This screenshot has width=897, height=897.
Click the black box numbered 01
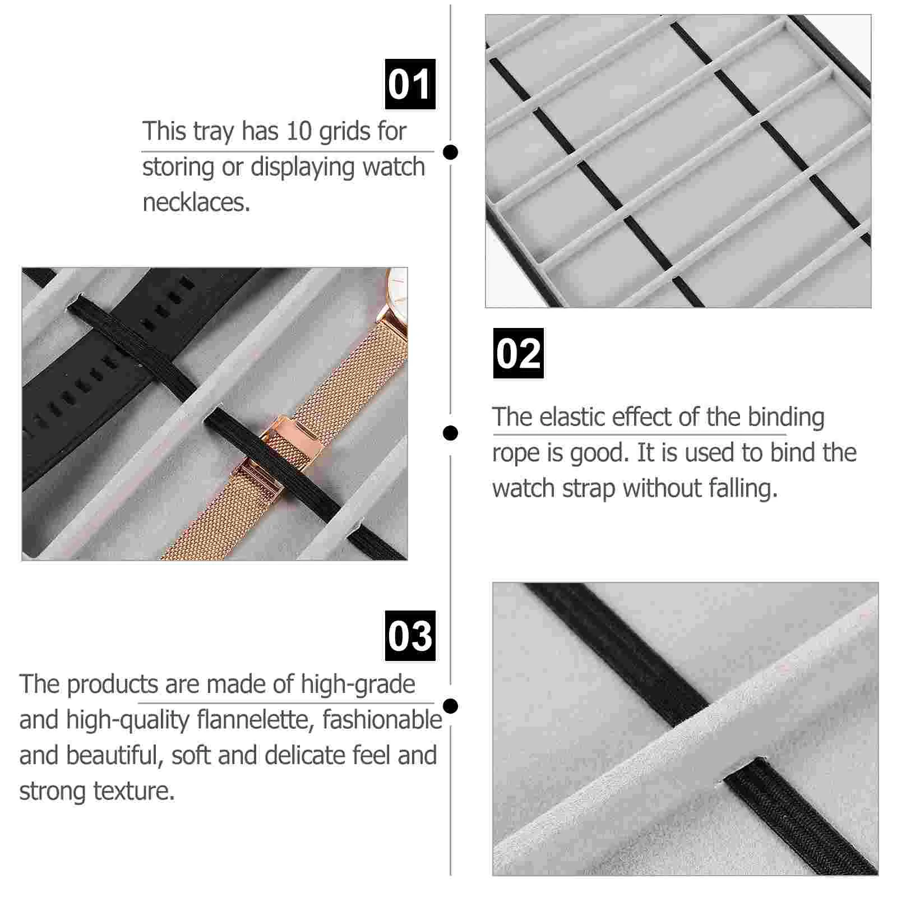pos(410,84)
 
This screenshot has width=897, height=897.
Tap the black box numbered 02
pos(518,353)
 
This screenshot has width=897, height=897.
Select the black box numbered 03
pos(410,636)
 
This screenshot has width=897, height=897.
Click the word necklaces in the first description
pos(196,202)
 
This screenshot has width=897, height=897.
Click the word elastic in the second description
pos(571,417)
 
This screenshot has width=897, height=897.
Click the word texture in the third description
pos(135,791)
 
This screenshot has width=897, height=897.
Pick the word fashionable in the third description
pos(382,720)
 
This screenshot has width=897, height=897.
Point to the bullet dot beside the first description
pos(450,152)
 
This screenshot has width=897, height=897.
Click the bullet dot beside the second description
pos(450,433)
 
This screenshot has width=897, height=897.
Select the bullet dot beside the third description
pos(450,706)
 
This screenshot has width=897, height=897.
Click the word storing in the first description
pos(178,168)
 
